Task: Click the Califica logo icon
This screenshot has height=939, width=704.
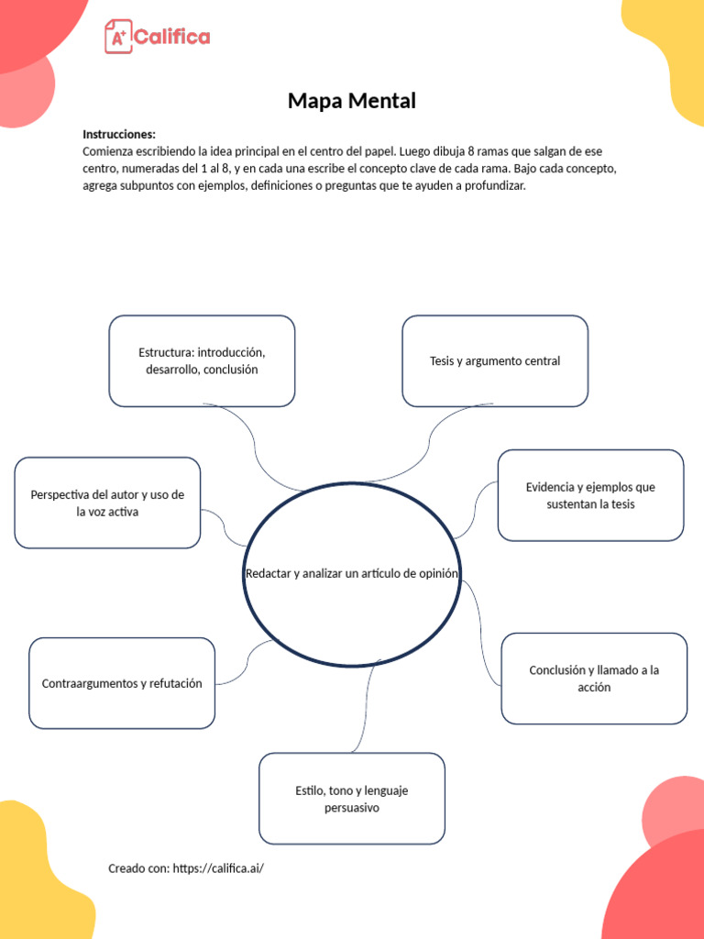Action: pos(117,37)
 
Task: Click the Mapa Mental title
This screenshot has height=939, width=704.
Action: pos(351,101)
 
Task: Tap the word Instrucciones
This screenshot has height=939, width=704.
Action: pos(118,134)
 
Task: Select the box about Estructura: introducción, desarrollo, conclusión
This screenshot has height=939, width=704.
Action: pos(202,360)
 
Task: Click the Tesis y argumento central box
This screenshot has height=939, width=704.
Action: pos(495,360)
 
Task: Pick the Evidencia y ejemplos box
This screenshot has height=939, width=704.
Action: pos(590,495)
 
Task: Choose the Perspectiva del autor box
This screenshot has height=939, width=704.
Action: pos(107,503)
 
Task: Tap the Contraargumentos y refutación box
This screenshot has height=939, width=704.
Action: pos(122,683)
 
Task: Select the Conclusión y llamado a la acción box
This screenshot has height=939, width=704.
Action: pos(594,679)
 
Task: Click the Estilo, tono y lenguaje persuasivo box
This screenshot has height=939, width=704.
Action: pos(352,799)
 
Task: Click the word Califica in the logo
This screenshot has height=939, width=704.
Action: pos(172,37)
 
